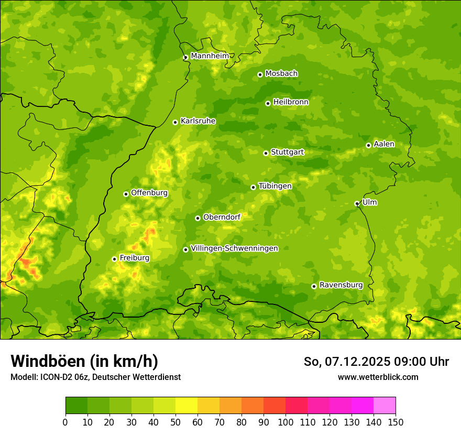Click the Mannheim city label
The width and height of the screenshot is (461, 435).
(210, 56)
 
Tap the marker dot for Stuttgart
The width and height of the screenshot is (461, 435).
(266, 153)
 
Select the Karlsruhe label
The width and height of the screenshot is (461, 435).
(198, 121)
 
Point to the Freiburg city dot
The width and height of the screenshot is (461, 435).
(114, 259)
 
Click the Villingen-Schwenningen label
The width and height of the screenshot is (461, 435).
(234, 248)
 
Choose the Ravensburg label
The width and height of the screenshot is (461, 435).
(341, 285)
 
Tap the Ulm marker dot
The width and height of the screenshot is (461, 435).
(357, 203)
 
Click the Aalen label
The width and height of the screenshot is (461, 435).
(384, 144)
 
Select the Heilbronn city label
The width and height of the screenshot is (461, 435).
(291, 102)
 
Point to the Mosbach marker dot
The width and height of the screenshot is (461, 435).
(260, 74)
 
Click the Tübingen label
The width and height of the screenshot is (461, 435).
(275, 186)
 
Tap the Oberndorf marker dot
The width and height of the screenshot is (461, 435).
(197, 218)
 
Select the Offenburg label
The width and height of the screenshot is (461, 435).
(149, 193)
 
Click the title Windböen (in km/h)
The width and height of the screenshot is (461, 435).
(84, 361)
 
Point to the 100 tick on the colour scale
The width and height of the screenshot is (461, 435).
(286, 422)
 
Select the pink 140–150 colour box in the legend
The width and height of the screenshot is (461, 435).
(385, 405)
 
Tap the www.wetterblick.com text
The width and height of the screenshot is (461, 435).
(378, 377)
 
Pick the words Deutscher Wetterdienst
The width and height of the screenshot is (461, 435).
(137, 377)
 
